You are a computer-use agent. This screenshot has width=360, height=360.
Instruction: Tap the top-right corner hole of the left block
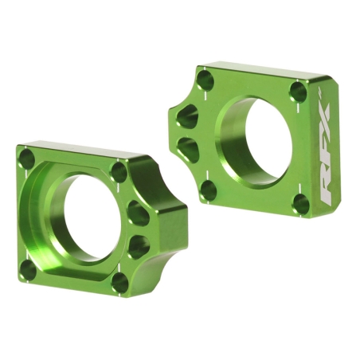(119, 172)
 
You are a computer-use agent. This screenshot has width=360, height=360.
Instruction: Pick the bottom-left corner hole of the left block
(29, 269)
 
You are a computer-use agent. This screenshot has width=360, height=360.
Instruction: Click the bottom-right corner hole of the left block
(119, 282)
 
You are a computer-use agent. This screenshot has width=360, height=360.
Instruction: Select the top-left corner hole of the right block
(205, 80)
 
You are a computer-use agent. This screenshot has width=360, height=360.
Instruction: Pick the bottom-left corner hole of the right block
(209, 190)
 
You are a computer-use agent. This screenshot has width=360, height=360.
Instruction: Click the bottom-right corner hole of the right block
(300, 204)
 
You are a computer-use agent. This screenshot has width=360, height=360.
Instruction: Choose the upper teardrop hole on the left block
(137, 213)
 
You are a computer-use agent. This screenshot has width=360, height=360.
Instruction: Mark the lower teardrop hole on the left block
(137, 244)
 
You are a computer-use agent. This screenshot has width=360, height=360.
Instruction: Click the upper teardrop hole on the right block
(188, 117)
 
